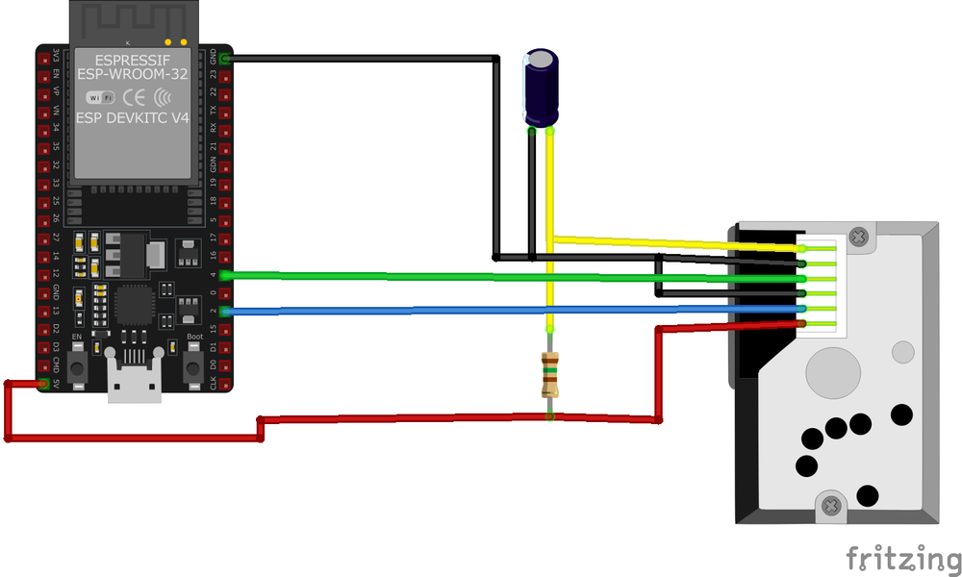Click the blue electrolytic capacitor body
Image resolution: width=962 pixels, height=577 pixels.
[x=541, y=88]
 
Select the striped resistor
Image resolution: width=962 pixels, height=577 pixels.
[x=550, y=374]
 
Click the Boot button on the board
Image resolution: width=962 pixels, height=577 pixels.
[x=193, y=364]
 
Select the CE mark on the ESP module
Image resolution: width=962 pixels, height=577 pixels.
[x=134, y=96]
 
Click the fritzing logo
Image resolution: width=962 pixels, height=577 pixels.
[x=902, y=557]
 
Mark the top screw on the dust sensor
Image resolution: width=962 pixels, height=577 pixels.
[x=859, y=233]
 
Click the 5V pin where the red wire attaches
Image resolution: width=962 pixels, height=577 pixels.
[x=43, y=384]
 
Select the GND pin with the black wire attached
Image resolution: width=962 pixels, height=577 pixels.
[x=224, y=60]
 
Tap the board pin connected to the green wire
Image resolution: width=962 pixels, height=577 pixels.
[x=224, y=275]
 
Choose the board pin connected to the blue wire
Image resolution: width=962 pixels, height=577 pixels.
[x=224, y=311]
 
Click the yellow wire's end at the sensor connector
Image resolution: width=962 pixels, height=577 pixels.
[x=800, y=248]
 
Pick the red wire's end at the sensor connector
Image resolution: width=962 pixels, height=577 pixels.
[x=800, y=324]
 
